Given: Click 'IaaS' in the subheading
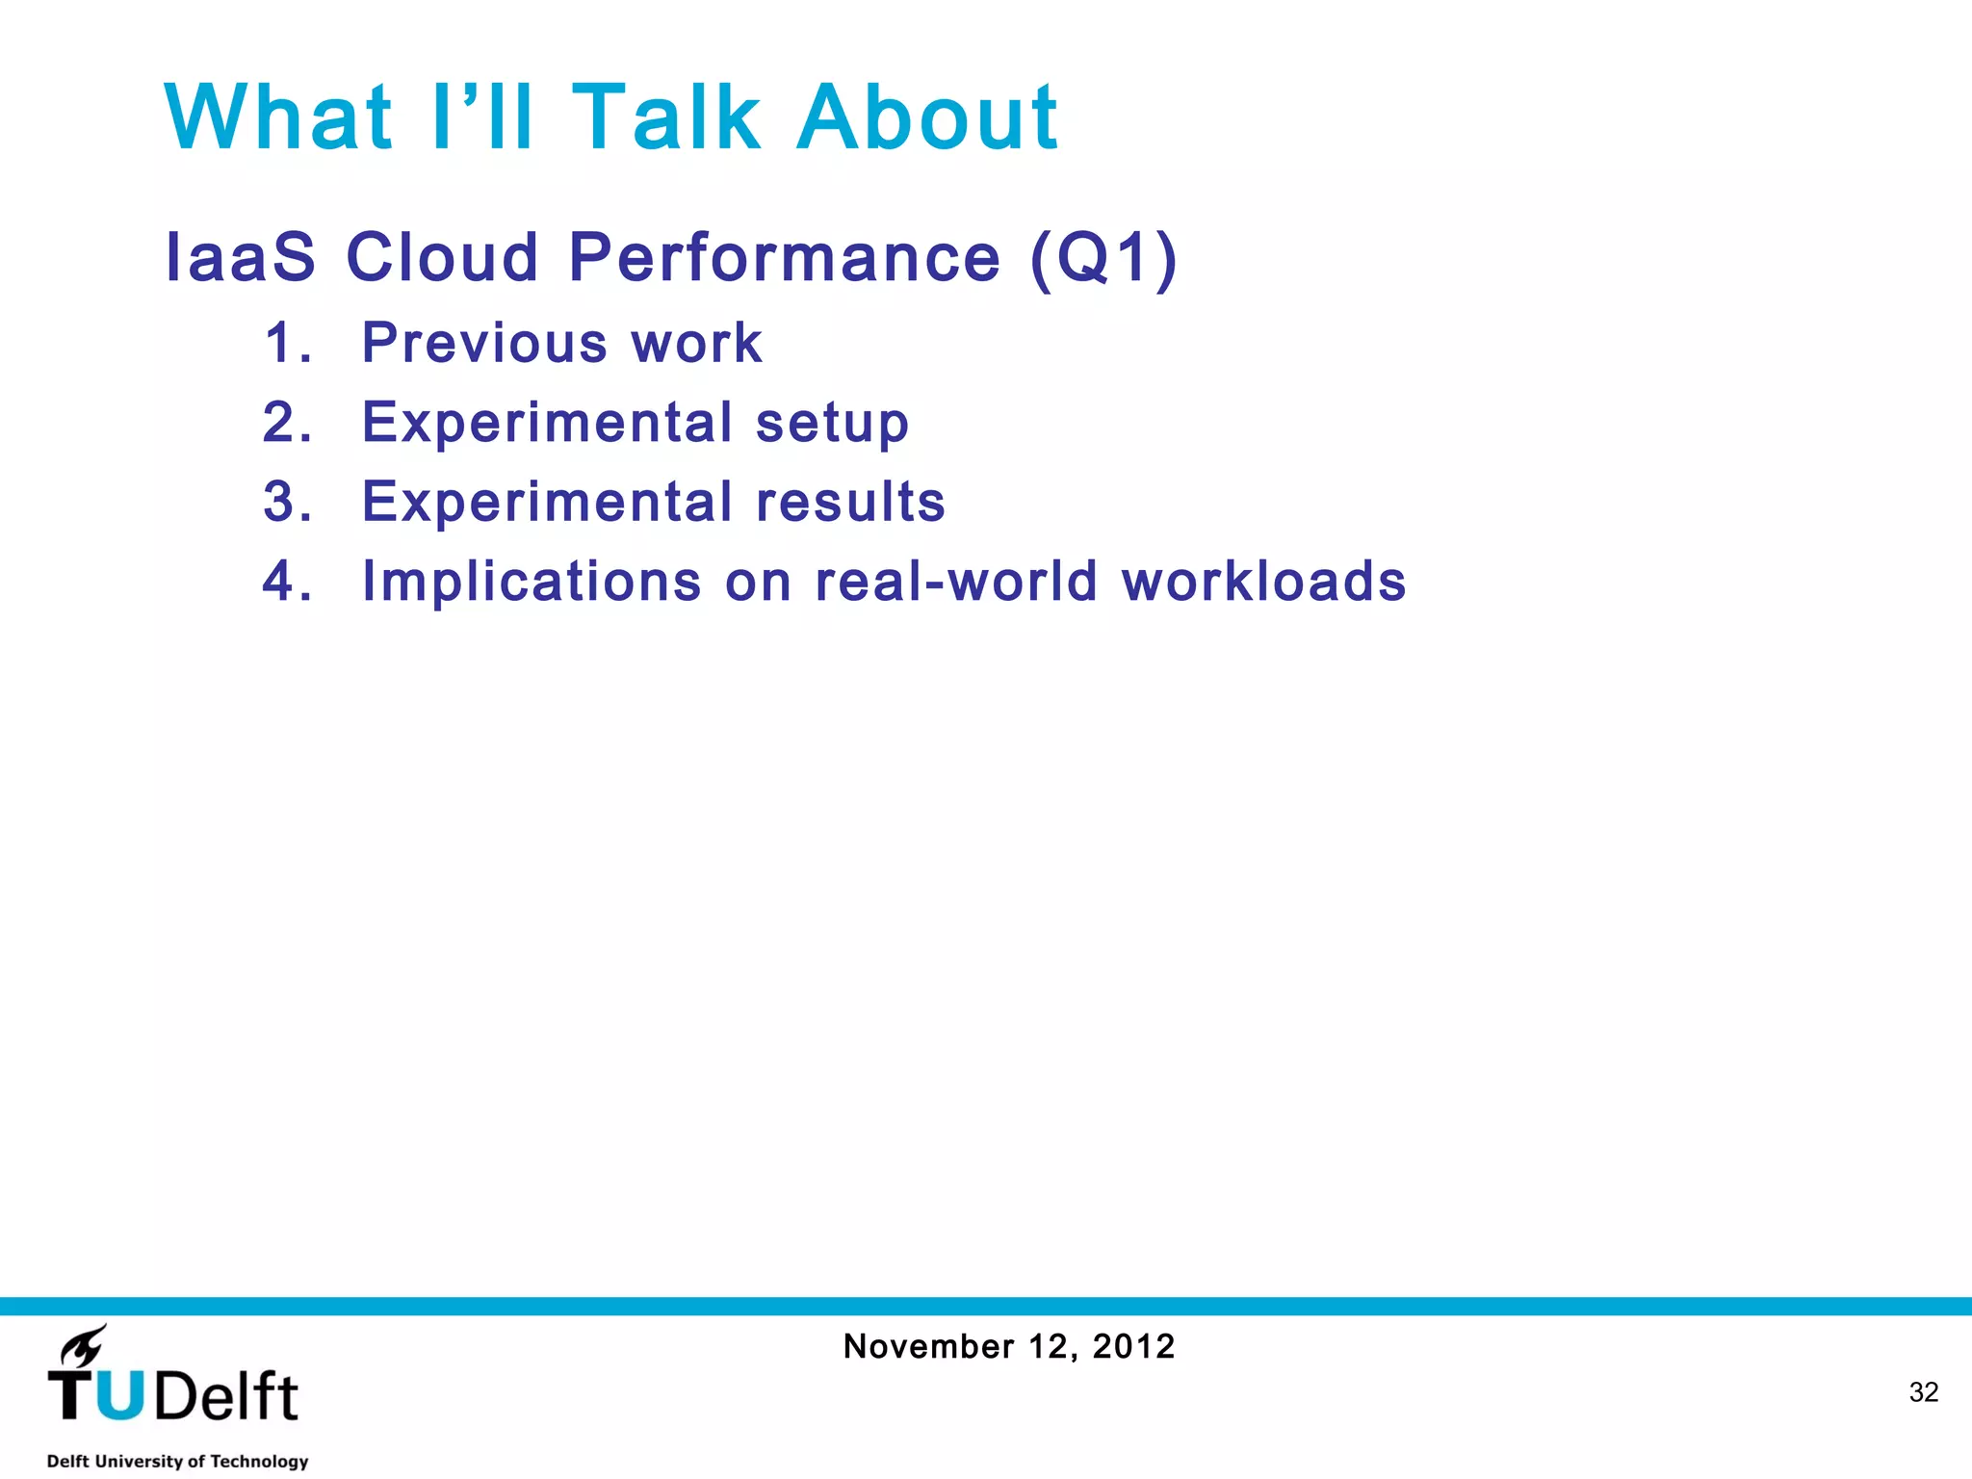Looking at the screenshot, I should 241,258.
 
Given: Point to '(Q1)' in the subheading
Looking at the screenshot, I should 1103,258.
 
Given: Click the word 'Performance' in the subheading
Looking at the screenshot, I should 785,258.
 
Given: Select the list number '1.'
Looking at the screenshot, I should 288,343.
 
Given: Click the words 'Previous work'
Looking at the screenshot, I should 562,343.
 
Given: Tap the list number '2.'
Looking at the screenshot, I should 288,423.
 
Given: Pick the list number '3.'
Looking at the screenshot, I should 288,502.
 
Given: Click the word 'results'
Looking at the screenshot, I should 850,503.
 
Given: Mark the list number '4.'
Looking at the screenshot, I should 288,582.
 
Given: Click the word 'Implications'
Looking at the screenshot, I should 532,583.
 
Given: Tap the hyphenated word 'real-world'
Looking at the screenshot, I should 955,582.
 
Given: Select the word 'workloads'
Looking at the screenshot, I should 1263,582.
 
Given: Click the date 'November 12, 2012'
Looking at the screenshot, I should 1009,1346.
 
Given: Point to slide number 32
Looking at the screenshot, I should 1923,1392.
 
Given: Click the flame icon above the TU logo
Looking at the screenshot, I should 84,1346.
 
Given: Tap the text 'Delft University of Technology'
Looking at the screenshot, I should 177,1461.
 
